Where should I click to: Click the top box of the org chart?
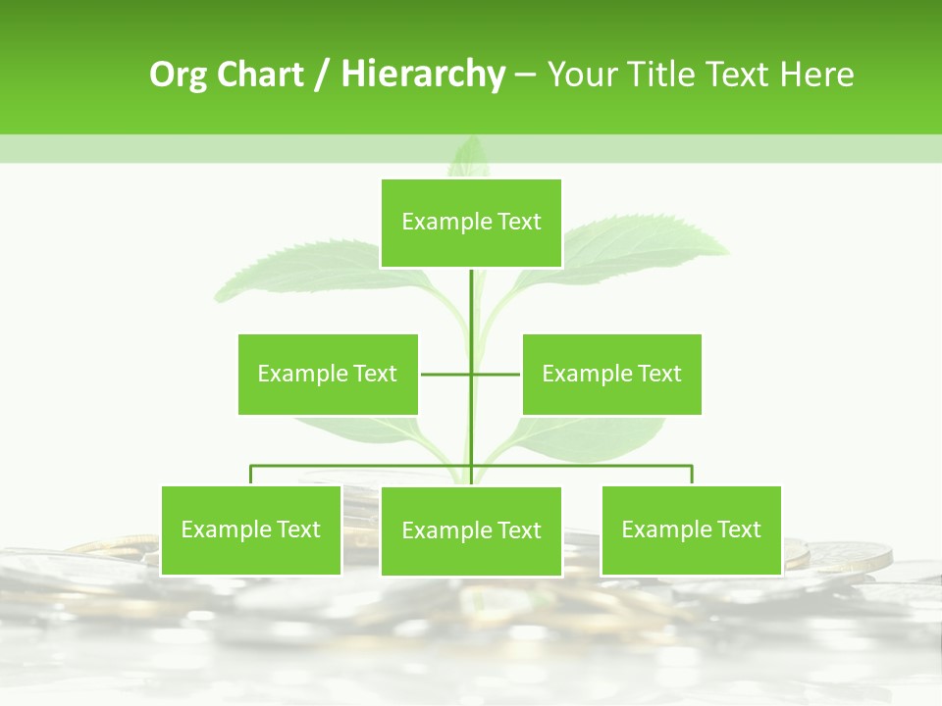point(471,223)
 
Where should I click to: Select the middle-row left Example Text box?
point(328,374)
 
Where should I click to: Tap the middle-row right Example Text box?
point(611,374)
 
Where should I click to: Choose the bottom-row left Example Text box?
point(250,529)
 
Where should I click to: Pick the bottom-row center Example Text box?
point(471,530)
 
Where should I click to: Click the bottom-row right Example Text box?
point(691,529)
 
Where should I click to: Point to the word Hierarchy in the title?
point(422,75)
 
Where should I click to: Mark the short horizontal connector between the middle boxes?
point(446,374)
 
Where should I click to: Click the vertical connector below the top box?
point(471,304)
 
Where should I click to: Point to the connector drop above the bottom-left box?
point(251,475)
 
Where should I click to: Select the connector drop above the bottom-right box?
point(692,475)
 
